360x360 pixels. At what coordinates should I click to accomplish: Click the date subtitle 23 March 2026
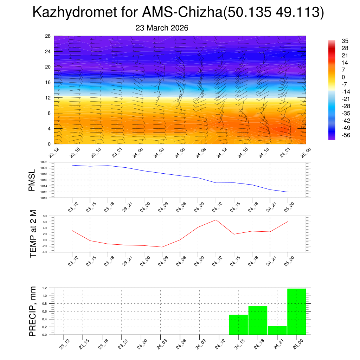[x=162, y=28]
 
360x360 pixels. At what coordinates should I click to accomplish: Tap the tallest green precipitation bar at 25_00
[x=296, y=311]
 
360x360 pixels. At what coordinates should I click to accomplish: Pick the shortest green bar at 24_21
[x=277, y=330]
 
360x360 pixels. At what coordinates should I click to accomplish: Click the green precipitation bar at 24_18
[x=258, y=320]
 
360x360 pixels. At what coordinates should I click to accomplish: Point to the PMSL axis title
[x=32, y=180]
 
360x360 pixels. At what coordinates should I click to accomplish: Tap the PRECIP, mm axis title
[x=33, y=311]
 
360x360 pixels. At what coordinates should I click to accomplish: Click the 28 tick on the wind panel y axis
[x=48, y=36]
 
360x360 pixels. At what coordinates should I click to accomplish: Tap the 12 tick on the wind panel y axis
[x=48, y=98]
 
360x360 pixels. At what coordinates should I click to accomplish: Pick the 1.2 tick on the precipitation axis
[x=45, y=288]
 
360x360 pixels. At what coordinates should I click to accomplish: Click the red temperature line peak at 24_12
[x=216, y=220]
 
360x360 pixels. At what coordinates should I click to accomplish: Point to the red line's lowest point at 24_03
[x=162, y=247]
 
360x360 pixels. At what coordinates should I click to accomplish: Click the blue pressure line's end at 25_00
[x=288, y=192]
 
